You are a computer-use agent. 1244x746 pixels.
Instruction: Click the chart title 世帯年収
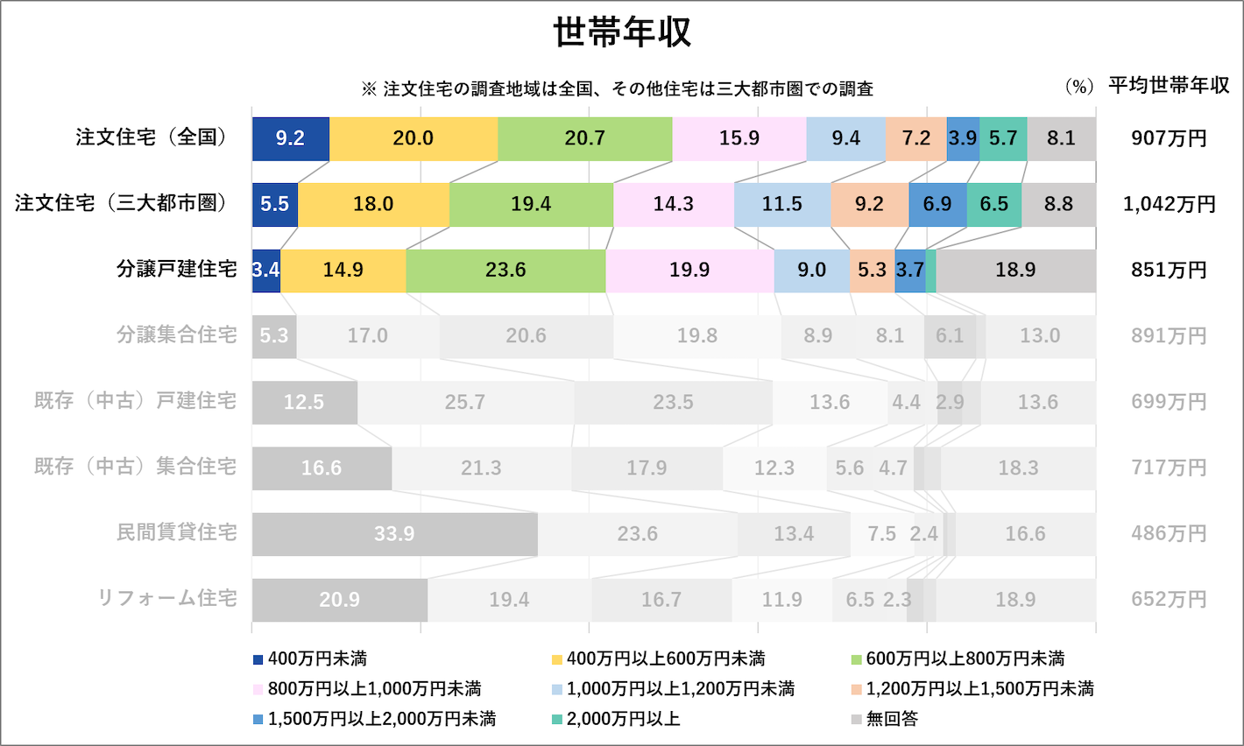click(x=622, y=33)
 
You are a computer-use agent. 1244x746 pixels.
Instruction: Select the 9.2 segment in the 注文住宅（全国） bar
click(x=290, y=138)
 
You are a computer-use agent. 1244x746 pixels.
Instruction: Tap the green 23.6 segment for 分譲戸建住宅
click(x=505, y=270)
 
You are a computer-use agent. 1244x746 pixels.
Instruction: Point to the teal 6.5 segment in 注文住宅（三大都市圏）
click(x=993, y=204)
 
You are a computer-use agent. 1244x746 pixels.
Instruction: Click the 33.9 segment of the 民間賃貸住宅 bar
click(x=394, y=533)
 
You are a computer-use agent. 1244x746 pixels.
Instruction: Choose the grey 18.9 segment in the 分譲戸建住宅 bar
click(x=1015, y=270)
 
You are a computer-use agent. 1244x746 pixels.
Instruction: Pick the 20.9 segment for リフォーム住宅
click(x=339, y=600)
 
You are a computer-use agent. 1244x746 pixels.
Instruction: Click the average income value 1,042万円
click(x=1169, y=204)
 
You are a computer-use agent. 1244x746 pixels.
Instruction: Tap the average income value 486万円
click(x=1169, y=533)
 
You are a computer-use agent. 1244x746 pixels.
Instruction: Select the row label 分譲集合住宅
click(x=177, y=335)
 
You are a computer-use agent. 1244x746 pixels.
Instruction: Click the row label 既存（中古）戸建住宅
click(x=135, y=401)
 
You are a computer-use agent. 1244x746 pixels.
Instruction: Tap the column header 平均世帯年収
click(x=1169, y=86)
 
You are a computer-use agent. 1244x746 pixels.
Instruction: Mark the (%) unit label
click(x=1079, y=87)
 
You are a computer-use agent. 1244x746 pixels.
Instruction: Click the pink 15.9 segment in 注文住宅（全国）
click(x=739, y=138)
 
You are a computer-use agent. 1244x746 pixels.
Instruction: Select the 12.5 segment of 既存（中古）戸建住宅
click(x=304, y=402)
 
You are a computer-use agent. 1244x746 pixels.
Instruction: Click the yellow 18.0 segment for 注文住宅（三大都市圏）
click(x=373, y=204)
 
